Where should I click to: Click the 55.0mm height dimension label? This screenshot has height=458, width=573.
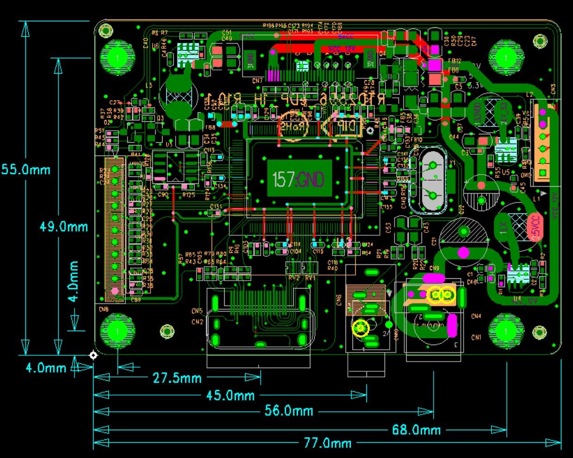pos(25,169)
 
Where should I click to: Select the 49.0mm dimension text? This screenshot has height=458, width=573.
pos(63,226)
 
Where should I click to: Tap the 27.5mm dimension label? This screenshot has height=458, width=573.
pos(177,378)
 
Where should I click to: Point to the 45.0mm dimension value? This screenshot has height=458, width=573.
pos(230,395)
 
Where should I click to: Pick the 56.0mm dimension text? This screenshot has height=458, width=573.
pos(289,411)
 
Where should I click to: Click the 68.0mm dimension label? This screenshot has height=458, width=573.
pos(416,430)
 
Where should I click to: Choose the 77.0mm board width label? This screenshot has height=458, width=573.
pos(327,443)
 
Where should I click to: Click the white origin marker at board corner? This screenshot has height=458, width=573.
pos(93,355)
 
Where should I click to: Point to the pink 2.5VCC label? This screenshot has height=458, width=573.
pos(535,227)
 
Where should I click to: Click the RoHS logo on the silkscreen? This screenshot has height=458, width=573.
pos(293,125)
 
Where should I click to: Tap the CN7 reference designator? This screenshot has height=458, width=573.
pos(257,81)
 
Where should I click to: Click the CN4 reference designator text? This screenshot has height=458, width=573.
pos(476,316)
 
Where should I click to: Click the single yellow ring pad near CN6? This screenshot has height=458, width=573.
pos(360,328)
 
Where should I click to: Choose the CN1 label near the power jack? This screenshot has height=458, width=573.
pos(476,337)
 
